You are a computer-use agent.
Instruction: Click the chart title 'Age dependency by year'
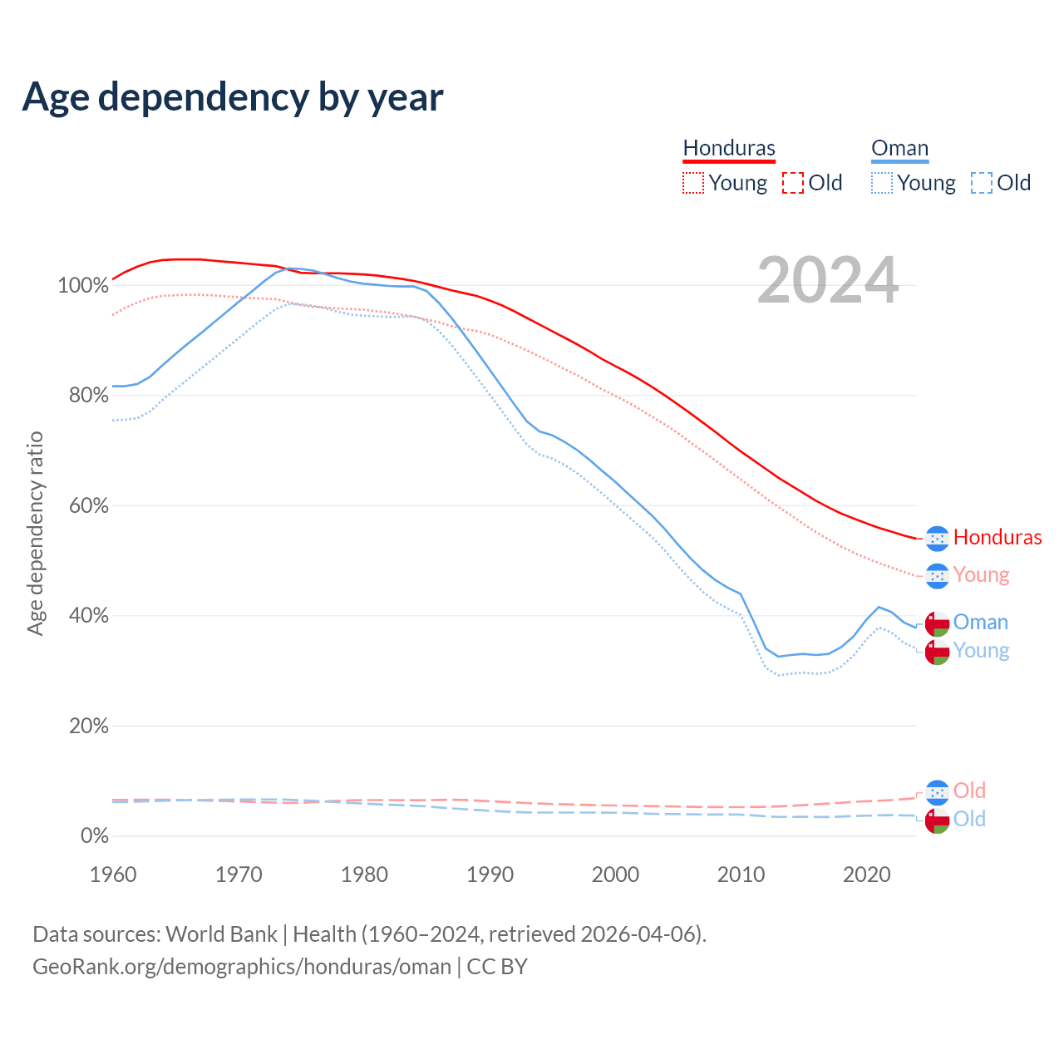(x=233, y=97)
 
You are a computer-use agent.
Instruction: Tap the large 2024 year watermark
(x=828, y=281)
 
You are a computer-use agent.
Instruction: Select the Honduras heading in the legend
(x=729, y=148)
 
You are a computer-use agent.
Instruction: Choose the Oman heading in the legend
(x=899, y=148)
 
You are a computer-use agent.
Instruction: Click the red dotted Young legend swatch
(x=692, y=183)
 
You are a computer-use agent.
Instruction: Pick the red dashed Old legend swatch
(x=793, y=183)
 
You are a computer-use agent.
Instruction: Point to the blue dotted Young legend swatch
(x=882, y=183)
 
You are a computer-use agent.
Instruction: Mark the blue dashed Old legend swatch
(x=982, y=183)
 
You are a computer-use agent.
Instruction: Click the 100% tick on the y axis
(x=83, y=286)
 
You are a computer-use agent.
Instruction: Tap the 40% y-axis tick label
(x=88, y=616)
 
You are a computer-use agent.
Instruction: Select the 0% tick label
(x=94, y=836)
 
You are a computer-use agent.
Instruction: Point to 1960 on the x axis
(x=113, y=874)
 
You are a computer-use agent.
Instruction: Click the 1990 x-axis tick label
(x=490, y=874)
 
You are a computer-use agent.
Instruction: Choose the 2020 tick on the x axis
(x=867, y=874)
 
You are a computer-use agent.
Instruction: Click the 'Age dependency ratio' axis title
(x=35, y=533)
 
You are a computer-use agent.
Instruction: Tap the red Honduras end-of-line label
(x=997, y=537)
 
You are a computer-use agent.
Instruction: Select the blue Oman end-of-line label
(x=980, y=622)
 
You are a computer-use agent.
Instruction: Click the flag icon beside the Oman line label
(x=938, y=623)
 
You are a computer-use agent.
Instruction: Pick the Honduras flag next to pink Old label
(x=938, y=792)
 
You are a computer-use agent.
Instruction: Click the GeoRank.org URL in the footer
(x=241, y=967)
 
